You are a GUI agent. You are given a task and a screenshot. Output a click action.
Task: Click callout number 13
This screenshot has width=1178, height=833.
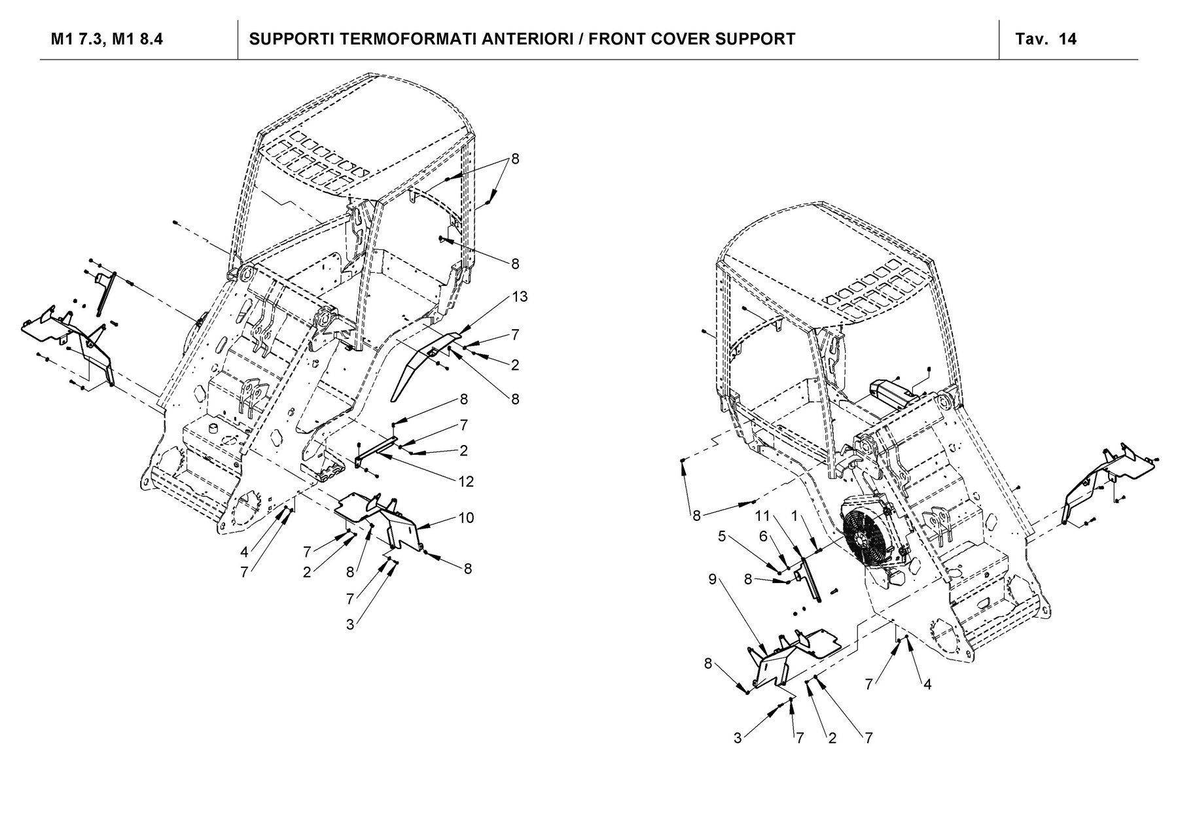[520, 296]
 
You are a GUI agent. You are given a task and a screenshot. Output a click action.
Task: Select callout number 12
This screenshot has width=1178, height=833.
[466, 482]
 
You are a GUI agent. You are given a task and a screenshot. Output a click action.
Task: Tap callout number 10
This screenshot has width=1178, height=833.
[466, 518]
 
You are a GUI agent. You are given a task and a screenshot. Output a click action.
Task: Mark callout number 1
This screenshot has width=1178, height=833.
[794, 516]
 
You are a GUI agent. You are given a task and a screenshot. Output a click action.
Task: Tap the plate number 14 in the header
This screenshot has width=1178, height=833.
[1067, 39]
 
